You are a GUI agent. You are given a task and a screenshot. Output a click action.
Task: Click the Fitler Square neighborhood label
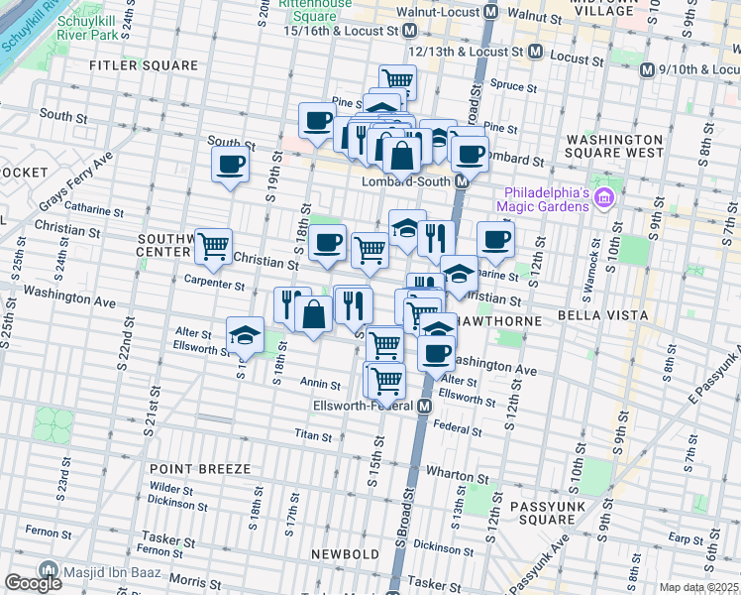pyautogui.click(x=144, y=65)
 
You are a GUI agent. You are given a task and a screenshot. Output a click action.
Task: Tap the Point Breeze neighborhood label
pyautogui.click(x=200, y=467)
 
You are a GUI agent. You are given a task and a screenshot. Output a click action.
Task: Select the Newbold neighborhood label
pyautogui.click(x=345, y=553)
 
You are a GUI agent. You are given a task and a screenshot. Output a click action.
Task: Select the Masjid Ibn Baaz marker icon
pyautogui.click(x=47, y=570)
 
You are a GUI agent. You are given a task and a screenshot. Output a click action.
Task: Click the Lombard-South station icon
pyautogui.click(x=462, y=182)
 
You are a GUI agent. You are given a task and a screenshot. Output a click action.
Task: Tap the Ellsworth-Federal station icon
pyautogui.click(x=424, y=407)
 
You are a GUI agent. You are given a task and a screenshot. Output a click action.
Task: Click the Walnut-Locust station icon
pyautogui.click(x=489, y=12)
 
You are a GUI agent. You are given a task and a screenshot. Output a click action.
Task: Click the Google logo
pyautogui.click(x=33, y=583)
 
